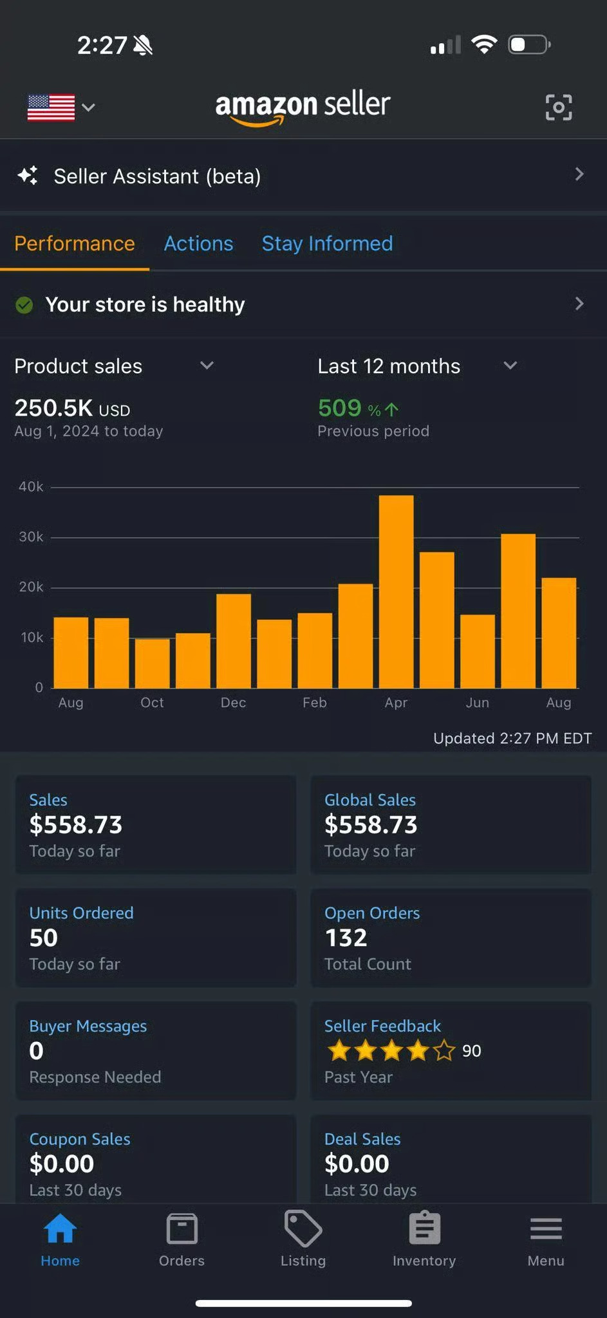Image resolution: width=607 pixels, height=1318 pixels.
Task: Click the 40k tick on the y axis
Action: [31, 487]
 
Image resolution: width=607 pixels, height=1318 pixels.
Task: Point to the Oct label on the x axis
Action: [152, 703]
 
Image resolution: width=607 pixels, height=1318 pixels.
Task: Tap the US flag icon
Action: [51, 107]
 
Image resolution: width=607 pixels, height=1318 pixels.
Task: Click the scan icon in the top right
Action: [558, 107]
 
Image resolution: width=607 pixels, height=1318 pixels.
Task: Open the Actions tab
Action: [198, 243]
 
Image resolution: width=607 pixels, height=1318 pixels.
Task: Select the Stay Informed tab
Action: [327, 243]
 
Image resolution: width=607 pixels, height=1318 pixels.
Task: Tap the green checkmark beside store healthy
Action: [24, 304]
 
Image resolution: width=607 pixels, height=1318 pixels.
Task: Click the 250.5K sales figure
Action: [54, 408]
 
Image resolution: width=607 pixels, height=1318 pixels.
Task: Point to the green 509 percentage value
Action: [340, 407]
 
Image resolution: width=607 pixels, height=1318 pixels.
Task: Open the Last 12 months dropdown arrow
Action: [510, 366]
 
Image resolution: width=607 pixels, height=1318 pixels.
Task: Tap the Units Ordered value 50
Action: [44, 938]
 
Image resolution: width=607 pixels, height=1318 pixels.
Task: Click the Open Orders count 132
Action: [346, 938]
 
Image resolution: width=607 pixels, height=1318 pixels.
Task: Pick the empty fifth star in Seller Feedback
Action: [444, 1051]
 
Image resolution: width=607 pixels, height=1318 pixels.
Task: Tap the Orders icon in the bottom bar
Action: [182, 1229]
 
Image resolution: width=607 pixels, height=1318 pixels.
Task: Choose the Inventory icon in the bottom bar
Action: [424, 1229]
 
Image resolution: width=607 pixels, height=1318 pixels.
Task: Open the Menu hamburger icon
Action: [546, 1229]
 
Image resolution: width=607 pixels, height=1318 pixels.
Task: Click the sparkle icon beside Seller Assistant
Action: [28, 175]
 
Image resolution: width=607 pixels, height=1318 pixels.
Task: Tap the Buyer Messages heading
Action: [88, 1026]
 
